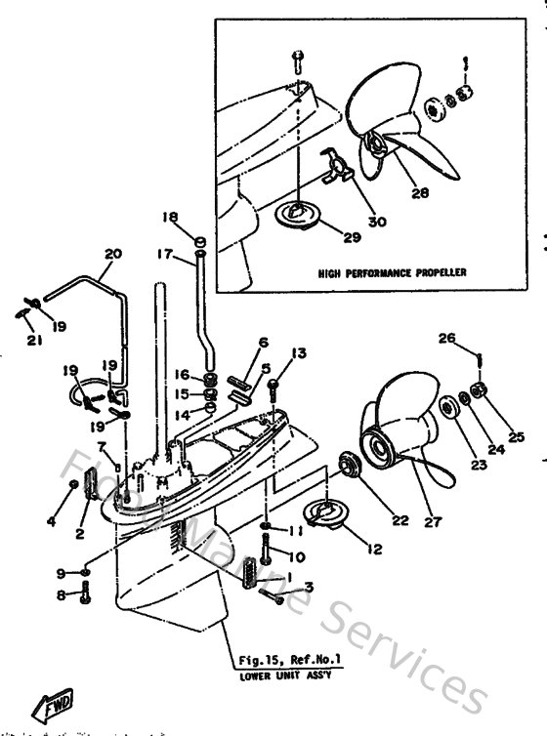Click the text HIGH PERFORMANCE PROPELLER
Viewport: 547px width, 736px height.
pyautogui.click(x=379, y=273)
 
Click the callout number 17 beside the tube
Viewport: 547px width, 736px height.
pyautogui.click(x=163, y=256)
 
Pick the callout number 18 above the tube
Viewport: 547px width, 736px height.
pyautogui.click(x=170, y=217)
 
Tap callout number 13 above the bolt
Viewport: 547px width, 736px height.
pyautogui.click(x=299, y=352)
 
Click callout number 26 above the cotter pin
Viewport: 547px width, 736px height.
pyautogui.click(x=448, y=340)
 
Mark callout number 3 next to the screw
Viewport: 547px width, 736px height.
pyautogui.click(x=309, y=587)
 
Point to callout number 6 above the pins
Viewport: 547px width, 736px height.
pyautogui.click(x=263, y=342)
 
